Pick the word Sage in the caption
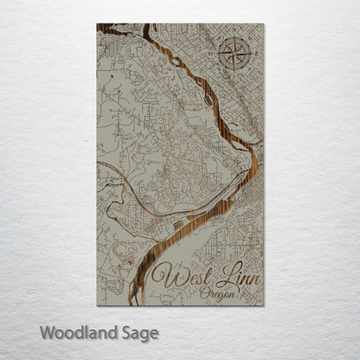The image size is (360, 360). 137,332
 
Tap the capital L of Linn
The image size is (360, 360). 215,278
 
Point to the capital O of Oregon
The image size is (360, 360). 203,293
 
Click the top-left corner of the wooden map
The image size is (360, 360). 97,24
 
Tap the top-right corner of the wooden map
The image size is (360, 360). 264,24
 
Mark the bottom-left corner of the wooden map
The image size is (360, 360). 97,305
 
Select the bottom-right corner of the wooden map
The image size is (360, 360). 264,305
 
